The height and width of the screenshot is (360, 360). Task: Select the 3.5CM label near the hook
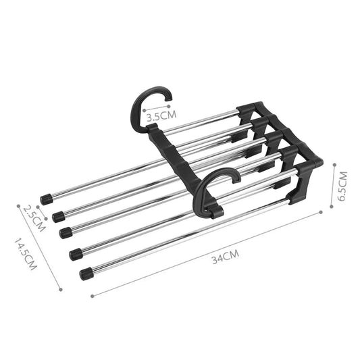(x=162, y=115)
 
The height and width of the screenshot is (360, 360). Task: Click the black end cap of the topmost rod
(x=46, y=200)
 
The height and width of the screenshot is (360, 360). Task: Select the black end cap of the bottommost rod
(x=86, y=273)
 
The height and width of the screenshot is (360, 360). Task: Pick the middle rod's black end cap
(x=66, y=232)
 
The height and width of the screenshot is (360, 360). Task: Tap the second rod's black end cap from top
(x=57, y=215)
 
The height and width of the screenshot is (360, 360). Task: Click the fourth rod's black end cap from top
(x=75, y=254)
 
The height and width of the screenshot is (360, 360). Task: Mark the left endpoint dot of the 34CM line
(x=91, y=294)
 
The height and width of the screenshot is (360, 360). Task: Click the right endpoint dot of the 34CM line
(x=322, y=211)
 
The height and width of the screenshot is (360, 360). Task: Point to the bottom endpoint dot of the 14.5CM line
(x=61, y=289)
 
